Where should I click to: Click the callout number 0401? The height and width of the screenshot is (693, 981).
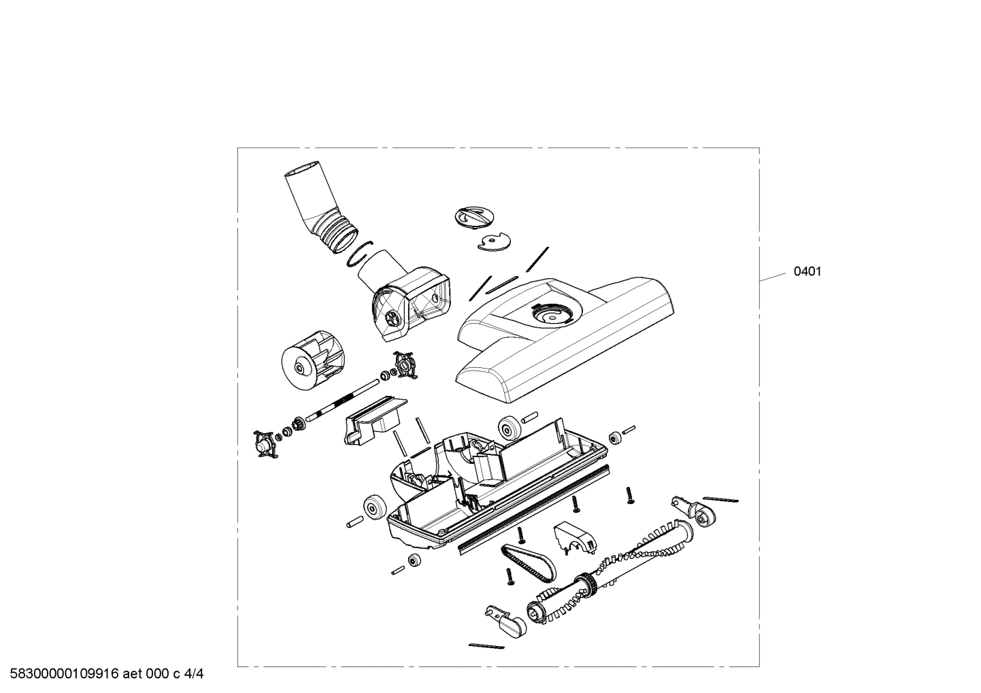[x=808, y=271]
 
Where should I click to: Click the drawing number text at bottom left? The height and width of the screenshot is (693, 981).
[x=103, y=674]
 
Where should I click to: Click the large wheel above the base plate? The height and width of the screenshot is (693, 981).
[x=509, y=428]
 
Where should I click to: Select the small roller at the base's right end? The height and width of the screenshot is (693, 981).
[x=615, y=437]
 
